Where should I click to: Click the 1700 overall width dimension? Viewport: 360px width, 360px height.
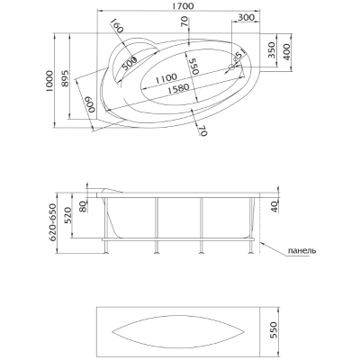point(180,5)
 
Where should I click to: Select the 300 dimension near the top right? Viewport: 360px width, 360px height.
point(246,17)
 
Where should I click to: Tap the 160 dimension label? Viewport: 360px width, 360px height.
point(117,26)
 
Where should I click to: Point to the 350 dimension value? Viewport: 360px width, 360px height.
point(271,49)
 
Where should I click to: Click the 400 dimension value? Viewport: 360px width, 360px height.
point(286,52)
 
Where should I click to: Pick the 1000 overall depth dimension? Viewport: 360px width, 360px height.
point(49,81)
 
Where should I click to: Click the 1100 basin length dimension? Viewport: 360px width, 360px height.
point(166,78)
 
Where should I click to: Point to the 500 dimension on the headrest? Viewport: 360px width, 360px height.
point(130,63)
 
